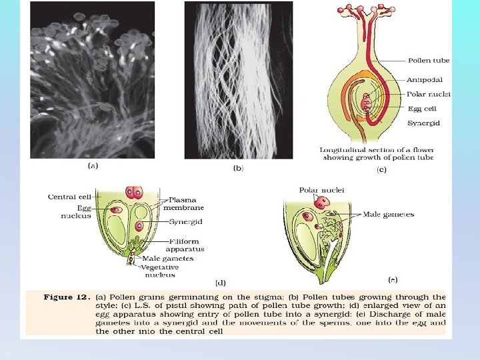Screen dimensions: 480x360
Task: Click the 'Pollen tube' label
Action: click(428, 61)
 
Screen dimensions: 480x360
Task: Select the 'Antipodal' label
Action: click(425, 79)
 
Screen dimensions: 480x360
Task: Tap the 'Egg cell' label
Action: click(422, 108)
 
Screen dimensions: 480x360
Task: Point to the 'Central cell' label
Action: click(69, 197)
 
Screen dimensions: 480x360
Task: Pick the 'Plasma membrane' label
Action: click(187, 203)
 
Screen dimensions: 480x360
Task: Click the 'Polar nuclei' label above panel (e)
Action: click(322, 190)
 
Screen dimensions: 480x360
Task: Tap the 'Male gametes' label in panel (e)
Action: click(388, 215)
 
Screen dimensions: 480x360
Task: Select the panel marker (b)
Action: click(238, 168)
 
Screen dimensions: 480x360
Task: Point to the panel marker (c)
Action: click(381, 171)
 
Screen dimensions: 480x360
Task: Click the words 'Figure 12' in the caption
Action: click(67, 297)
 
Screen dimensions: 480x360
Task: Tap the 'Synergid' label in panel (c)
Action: click(423, 123)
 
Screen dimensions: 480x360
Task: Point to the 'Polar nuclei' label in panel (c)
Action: click(428, 95)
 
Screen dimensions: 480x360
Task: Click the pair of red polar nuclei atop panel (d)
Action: click(136, 193)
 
